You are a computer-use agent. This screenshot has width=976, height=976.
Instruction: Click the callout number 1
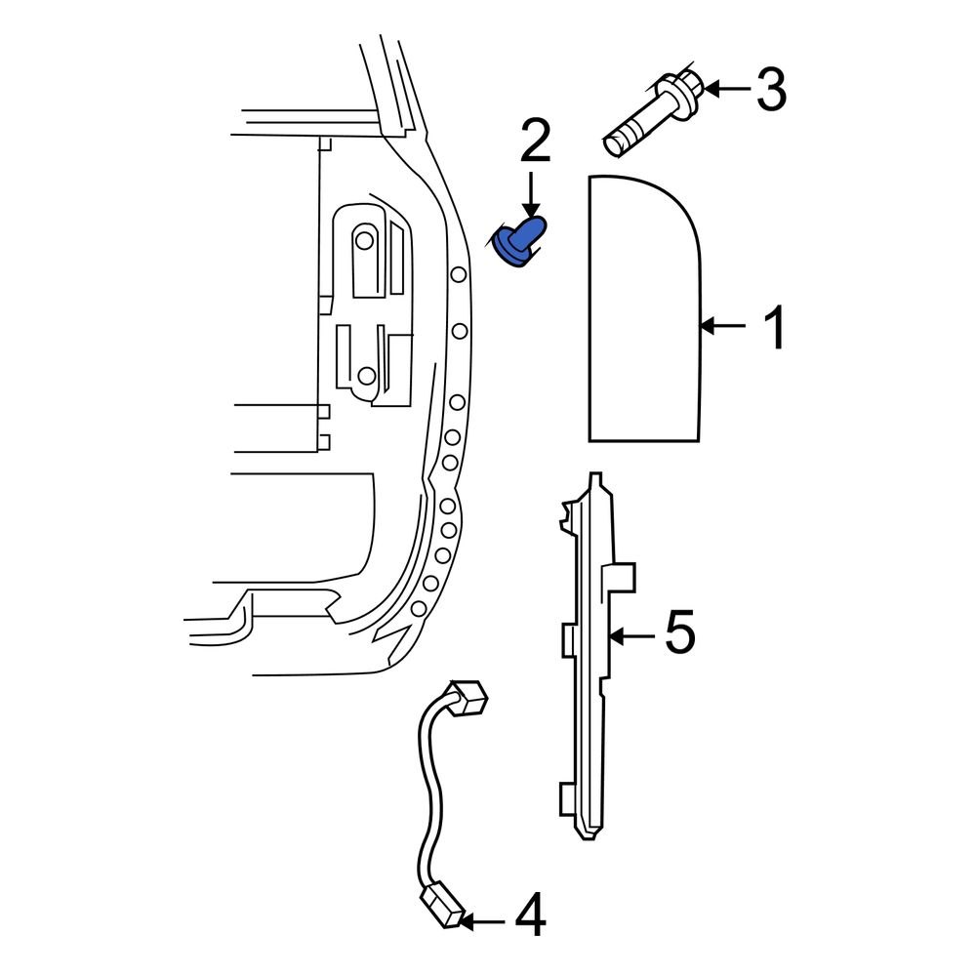coord(774,328)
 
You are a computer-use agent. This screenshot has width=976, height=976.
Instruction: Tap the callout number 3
coord(770,90)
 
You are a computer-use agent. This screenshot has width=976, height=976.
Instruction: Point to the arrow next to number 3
coord(727,89)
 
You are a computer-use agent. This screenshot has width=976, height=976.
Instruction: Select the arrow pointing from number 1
coord(725,327)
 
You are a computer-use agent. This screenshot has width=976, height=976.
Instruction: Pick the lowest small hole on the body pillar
coord(417,608)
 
